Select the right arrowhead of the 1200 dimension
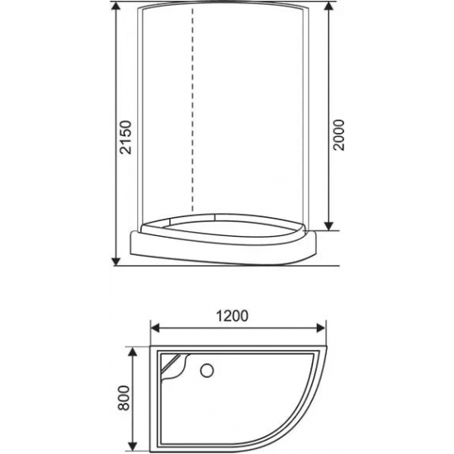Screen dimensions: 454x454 tap(328, 328)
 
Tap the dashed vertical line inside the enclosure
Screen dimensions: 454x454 tap(193, 116)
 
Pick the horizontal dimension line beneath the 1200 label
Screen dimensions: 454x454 tap(239, 328)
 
